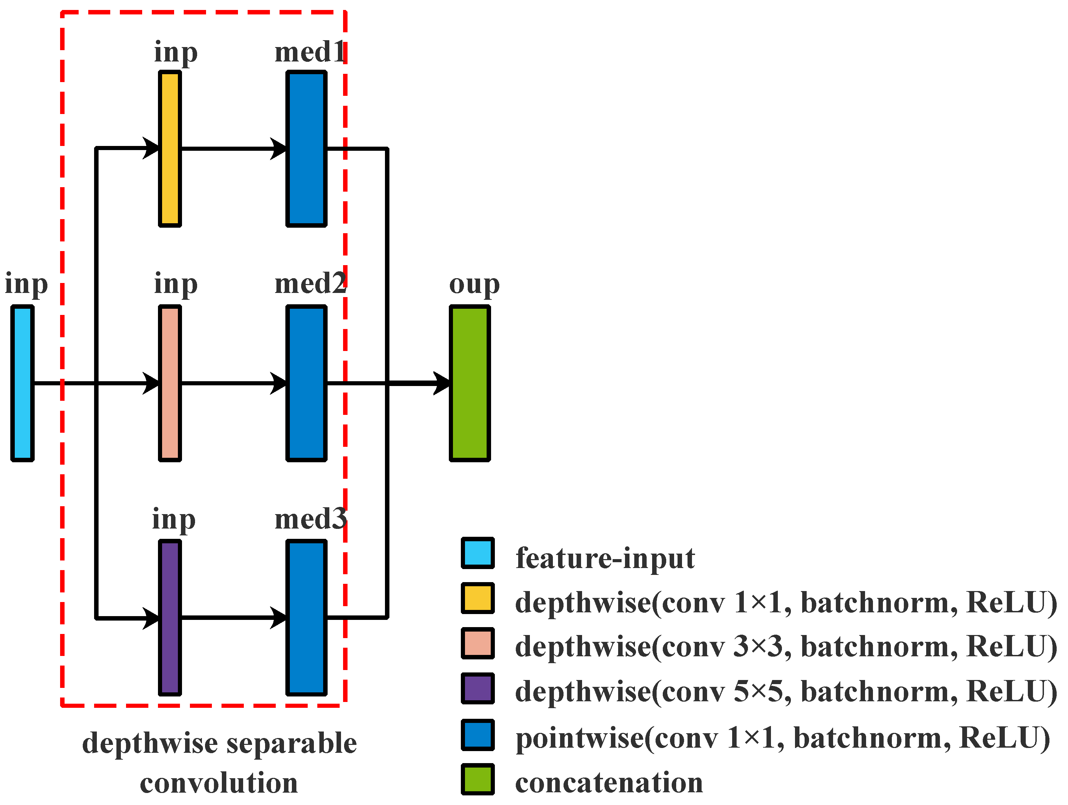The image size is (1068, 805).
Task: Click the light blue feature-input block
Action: pos(22,383)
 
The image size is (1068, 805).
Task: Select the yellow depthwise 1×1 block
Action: pos(170,149)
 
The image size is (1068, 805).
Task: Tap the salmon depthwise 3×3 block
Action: pos(170,383)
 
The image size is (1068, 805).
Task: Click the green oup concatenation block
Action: pos(470,383)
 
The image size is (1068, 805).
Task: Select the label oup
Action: pos(474,285)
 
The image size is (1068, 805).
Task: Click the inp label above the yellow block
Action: pos(176,52)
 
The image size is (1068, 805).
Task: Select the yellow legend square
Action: pos(478,598)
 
